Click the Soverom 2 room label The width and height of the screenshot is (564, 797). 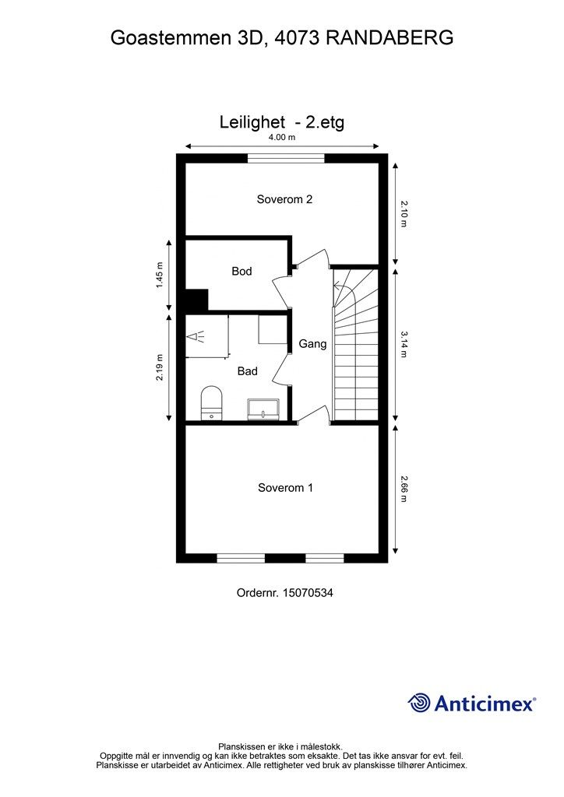pos(284,199)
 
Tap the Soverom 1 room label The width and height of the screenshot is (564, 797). pos(285,488)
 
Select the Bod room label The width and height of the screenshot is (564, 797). pos(241,272)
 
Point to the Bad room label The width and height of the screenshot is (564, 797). pos(247,371)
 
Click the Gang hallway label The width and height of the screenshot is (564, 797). pos(312,343)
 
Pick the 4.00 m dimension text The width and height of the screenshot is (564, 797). pos(281,138)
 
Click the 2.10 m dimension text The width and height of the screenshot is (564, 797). pos(404,213)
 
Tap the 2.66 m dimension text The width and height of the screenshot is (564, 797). pos(404,489)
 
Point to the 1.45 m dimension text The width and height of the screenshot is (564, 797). pos(160,275)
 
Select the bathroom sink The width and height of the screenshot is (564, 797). pos(264,409)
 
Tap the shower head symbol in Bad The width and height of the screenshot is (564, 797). pos(196,337)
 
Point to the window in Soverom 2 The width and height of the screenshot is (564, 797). pos(285,158)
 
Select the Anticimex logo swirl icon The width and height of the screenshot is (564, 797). pos(419,703)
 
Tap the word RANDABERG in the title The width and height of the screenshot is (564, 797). pos(389,37)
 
